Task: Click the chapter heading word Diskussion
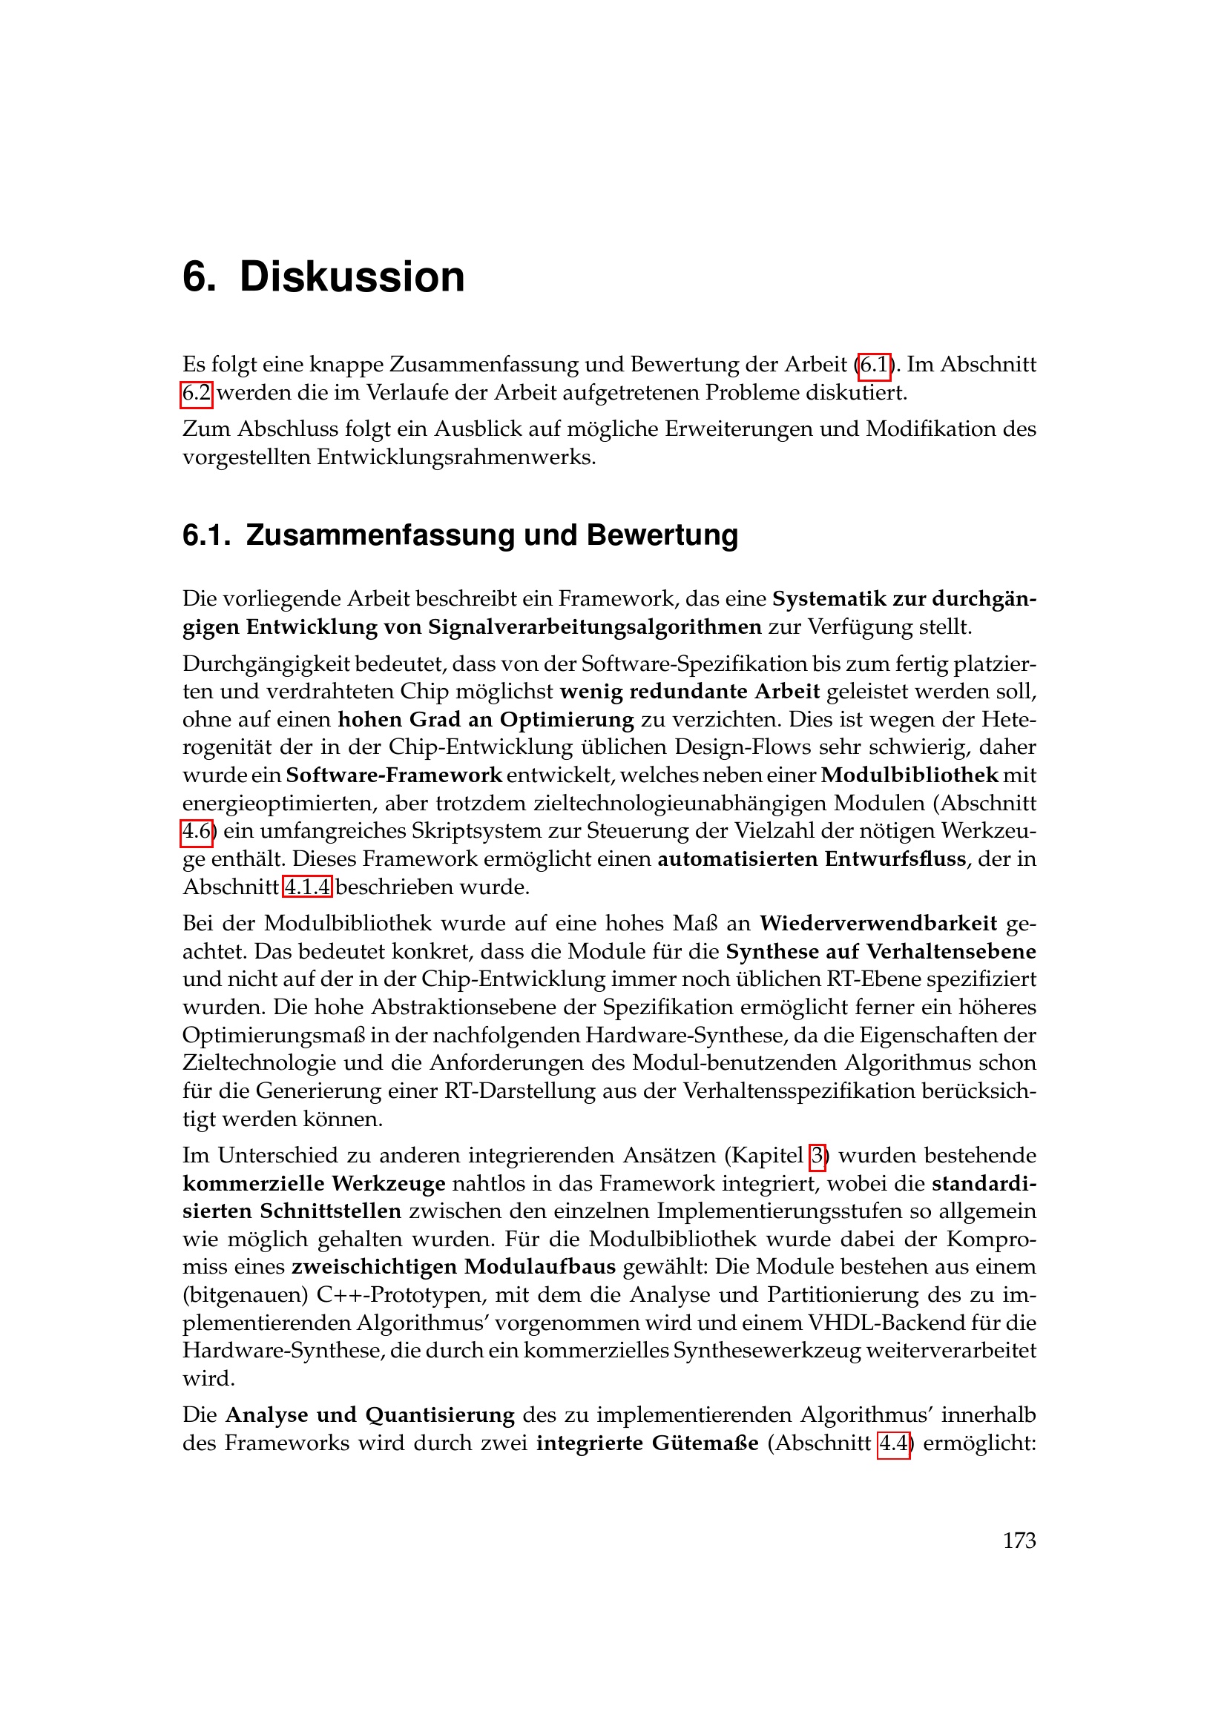pos(352,277)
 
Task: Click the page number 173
pos(1019,1540)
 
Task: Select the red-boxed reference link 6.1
pos(874,365)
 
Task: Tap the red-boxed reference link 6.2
pos(197,394)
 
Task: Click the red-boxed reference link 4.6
pos(197,832)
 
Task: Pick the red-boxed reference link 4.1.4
pos(308,887)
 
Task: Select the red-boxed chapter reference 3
pos(817,1156)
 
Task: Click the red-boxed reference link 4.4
pos(893,1443)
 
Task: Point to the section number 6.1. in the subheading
pos(206,535)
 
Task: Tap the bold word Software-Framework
pos(394,775)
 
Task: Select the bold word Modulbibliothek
pos(909,775)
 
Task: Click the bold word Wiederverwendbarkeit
pos(878,924)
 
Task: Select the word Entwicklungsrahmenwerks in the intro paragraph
pos(455,457)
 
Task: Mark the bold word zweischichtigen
pos(374,1267)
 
